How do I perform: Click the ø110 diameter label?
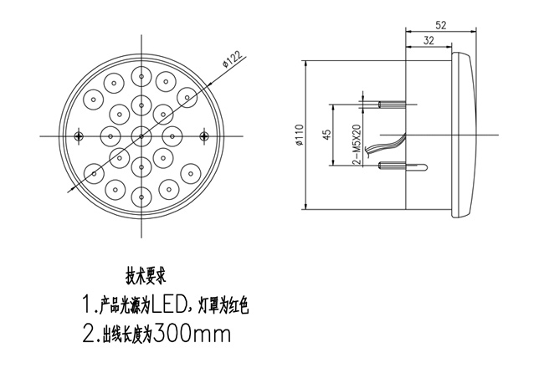pyautogui.click(x=299, y=135)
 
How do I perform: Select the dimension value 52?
pyautogui.click(x=440, y=25)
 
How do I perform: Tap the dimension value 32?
pyautogui.click(x=429, y=39)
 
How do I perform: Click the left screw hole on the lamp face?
pyautogui.click(x=78, y=135)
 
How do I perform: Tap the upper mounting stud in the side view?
pyautogui.click(x=393, y=105)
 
